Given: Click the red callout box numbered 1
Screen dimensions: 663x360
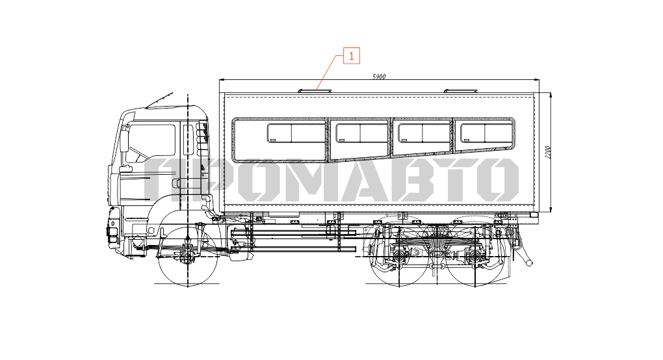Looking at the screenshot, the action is coord(352,55).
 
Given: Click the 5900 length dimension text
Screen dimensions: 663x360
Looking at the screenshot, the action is coord(379,77).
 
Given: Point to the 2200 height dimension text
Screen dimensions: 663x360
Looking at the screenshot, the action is coord(548,152).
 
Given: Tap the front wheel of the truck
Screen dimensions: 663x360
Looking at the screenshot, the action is coord(188,257).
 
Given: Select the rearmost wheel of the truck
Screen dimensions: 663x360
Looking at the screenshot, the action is coord(475,257).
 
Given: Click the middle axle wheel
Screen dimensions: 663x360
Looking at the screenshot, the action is coord(398,257).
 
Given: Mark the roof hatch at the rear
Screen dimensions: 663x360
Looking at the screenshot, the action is coord(460,90).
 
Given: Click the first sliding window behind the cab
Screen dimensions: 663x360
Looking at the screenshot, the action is coord(296,133).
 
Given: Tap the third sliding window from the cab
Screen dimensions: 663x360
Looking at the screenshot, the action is coord(424,133).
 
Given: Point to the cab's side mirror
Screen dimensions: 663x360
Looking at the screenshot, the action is coord(124,140).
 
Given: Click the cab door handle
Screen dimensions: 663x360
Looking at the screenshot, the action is coord(175,183).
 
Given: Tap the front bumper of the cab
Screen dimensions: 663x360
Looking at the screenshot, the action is coord(113,230).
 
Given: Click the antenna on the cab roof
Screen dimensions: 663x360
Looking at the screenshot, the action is coord(159,100).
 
